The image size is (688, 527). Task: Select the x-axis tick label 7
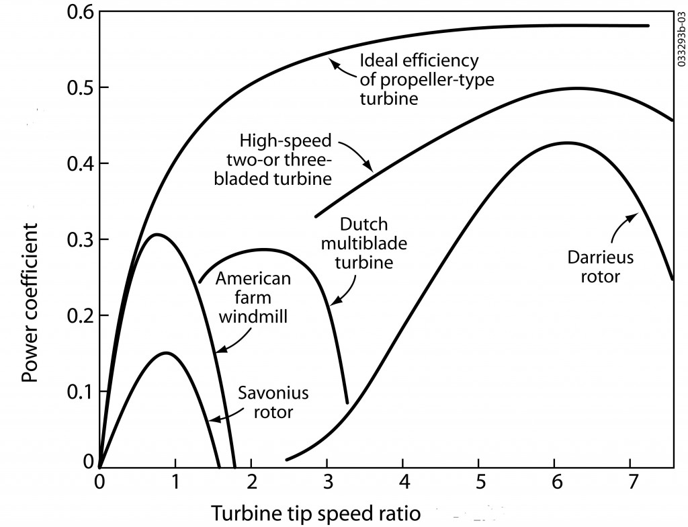tap(630, 483)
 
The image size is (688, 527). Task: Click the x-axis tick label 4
tap(402, 483)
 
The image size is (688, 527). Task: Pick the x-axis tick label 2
tap(251, 483)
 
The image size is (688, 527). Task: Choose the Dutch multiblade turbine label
tap(365, 242)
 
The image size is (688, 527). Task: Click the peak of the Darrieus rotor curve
tap(566, 143)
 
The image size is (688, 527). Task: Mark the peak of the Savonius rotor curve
tap(166, 352)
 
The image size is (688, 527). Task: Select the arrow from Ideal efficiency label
tap(343, 67)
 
